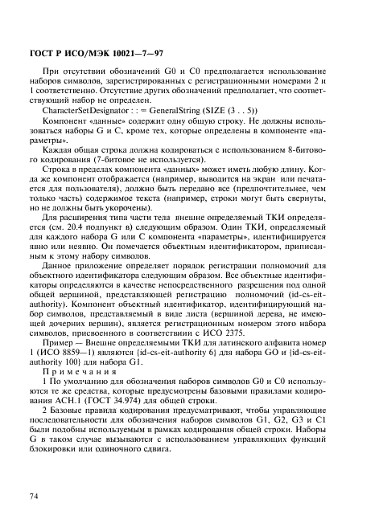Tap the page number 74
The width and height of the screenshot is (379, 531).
pos(35,497)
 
